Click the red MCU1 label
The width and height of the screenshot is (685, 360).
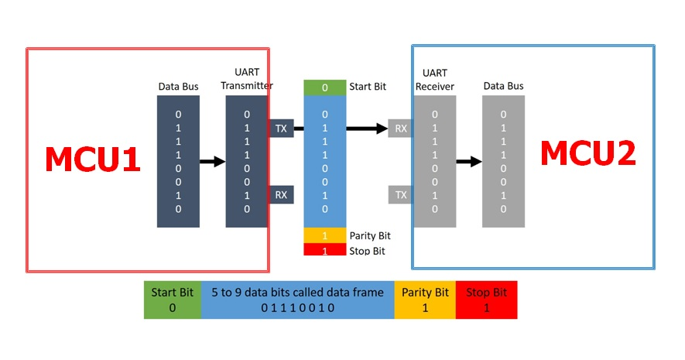pyautogui.click(x=93, y=159)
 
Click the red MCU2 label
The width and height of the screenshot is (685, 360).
pyautogui.click(x=588, y=153)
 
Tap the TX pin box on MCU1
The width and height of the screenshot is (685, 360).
pyautogui.click(x=281, y=129)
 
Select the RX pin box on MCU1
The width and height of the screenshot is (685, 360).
pyautogui.click(x=281, y=195)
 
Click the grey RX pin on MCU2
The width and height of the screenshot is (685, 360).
pyautogui.click(x=401, y=129)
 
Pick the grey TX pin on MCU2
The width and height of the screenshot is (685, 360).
pyautogui.click(x=401, y=195)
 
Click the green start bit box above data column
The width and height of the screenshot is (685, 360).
pyautogui.click(x=324, y=87)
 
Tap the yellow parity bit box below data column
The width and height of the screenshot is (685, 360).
pyautogui.click(x=324, y=235)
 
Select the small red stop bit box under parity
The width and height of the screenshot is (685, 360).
pyautogui.click(x=324, y=249)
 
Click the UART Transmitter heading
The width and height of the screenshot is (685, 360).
pyautogui.click(x=247, y=79)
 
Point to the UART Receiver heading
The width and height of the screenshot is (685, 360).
pyautogui.click(x=435, y=80)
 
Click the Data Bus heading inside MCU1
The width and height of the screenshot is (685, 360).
pyautogui.click(x=178, y=87)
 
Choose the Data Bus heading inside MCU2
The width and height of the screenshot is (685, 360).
pyautogui.click(x=503, y=86)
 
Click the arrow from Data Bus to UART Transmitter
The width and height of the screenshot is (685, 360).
pyautogui.click(x=212, y=162)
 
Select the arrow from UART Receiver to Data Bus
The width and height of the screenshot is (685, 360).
pyautogui.click(x=469, y=162)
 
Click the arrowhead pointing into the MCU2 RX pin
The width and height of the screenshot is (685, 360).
pyautogui.click(x=382, y=129)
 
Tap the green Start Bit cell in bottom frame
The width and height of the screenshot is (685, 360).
pyautogui.click(x=173, y=300)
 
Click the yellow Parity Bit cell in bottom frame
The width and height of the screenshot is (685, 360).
pyautogui.click(x=425, y=300)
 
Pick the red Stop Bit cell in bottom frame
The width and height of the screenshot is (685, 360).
pyautogui.click(x=486, y=300)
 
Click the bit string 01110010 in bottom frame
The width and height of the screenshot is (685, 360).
pyautogui.click(x=297, y=308)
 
